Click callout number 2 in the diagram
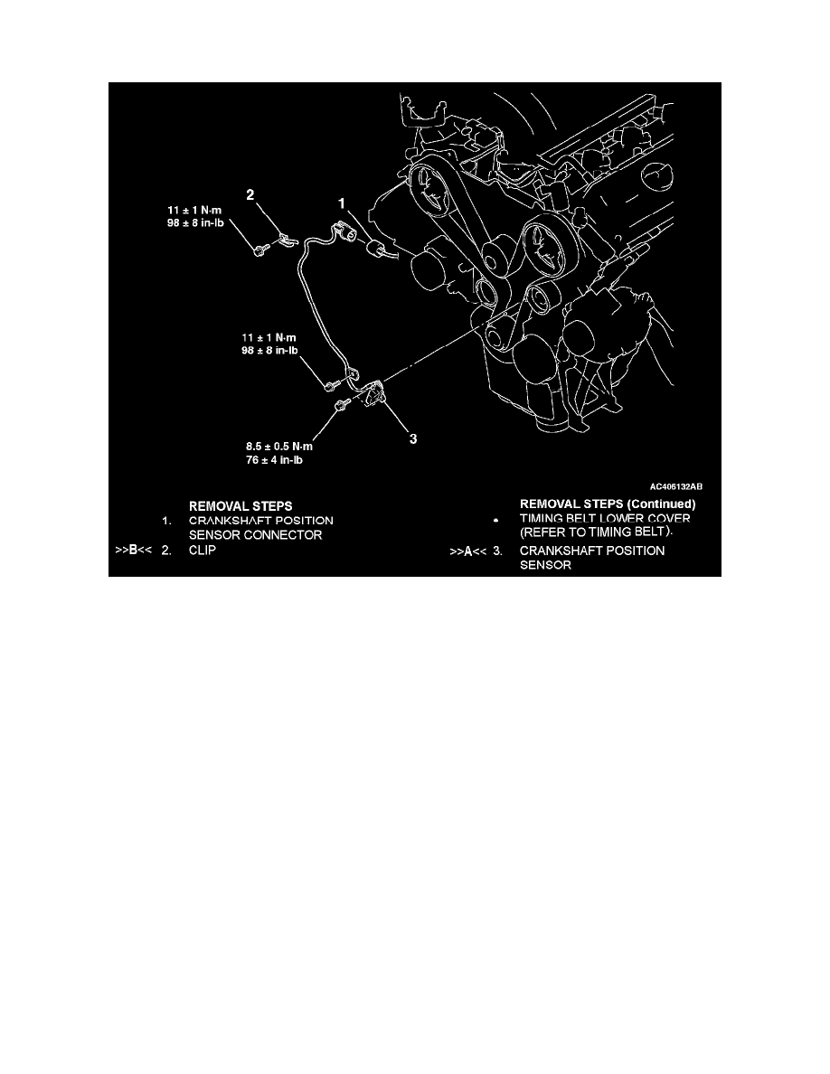250,195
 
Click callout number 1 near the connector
341,203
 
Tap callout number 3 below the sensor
413,438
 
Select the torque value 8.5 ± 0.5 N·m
279,447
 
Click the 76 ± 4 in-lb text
274,460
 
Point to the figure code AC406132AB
676,487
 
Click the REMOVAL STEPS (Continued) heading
608,504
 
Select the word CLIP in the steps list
202,550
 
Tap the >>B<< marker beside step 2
134,550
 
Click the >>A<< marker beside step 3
467,551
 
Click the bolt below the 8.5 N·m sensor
340,407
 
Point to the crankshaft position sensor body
374,391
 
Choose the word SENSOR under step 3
545,565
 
